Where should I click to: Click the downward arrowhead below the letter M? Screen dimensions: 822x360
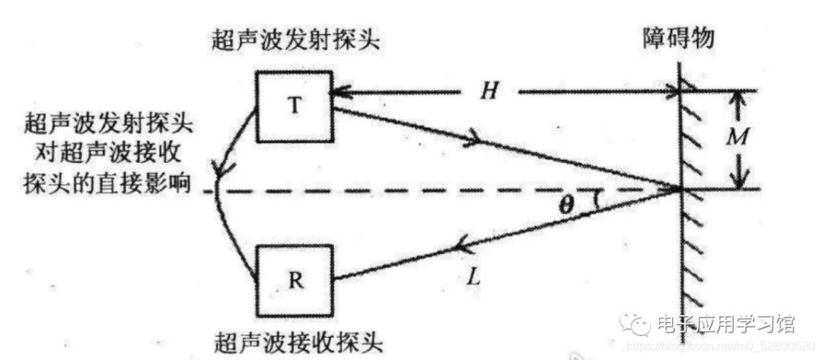pyautogui.click(x=736, y=181)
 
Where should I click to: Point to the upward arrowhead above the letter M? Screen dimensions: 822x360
pyautogui.click(x=736, y=98)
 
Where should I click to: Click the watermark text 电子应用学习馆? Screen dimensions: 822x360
pyautogui.click(x=725, y=325)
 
